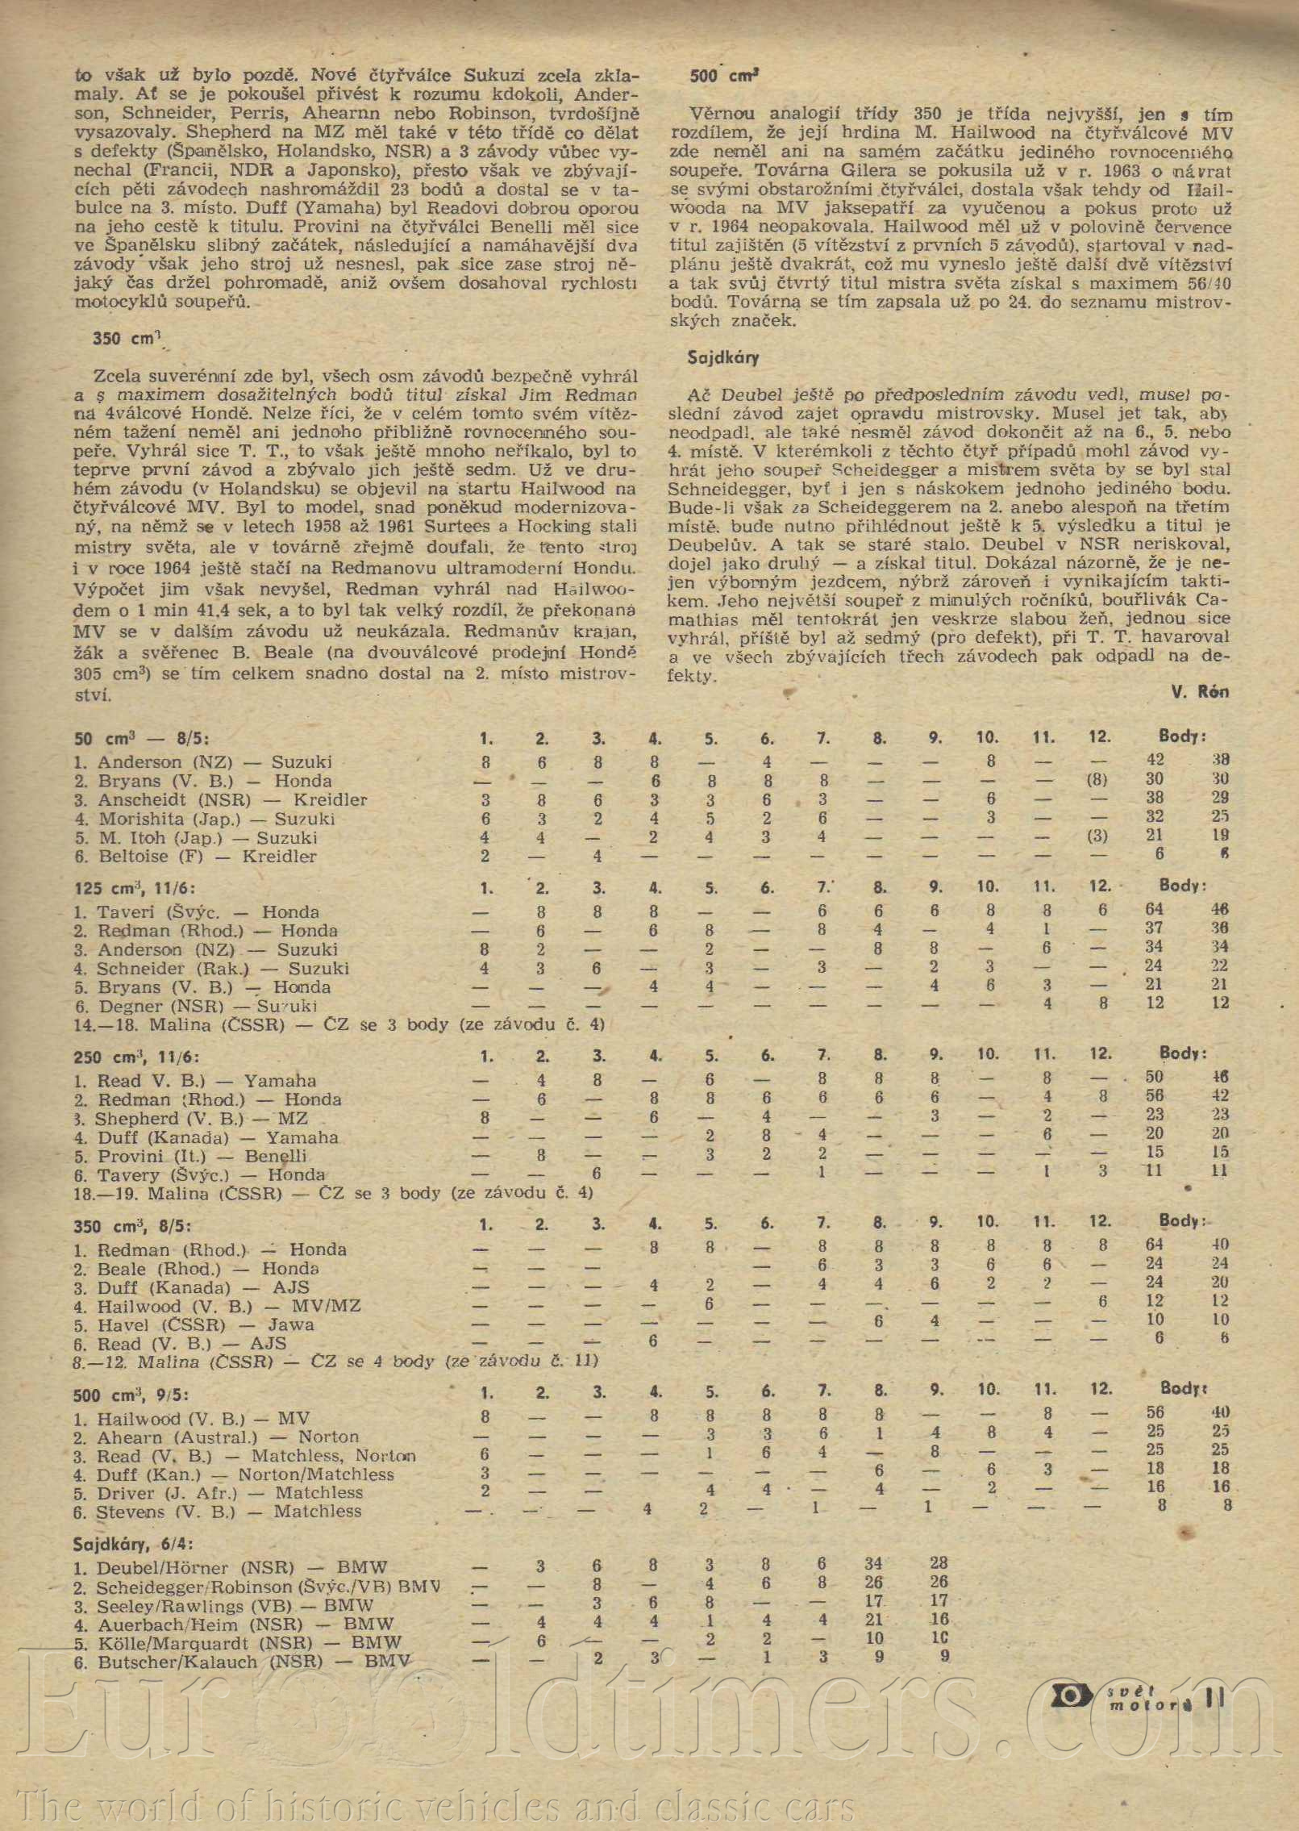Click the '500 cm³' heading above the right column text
[725, 77]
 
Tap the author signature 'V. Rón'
[1199, 691]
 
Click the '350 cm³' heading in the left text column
[129, 339]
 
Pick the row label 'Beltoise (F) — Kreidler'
[207, 857]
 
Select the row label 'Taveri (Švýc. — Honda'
[207, 912]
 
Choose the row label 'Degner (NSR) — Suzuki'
[207, 1007]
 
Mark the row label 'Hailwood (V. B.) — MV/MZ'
[229, 1306]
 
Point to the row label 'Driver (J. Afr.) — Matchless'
[230, 1493]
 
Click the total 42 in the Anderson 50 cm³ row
[1155, 761]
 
